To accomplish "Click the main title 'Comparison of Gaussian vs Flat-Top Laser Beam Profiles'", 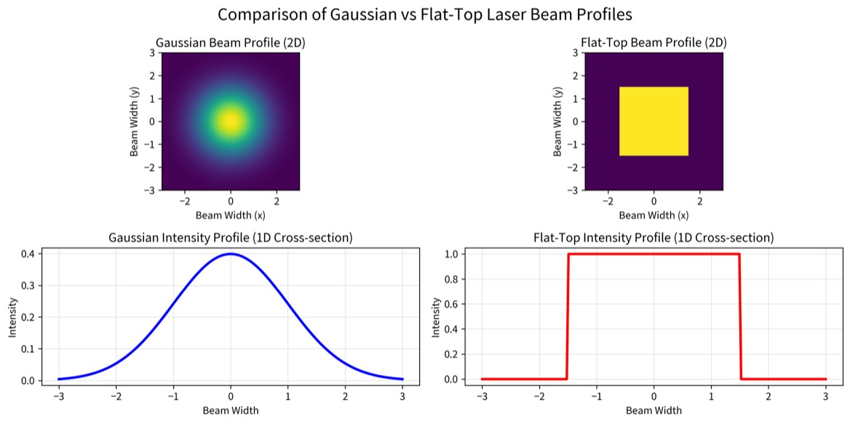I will point(424,15).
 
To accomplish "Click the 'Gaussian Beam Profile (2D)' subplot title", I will point(230,43).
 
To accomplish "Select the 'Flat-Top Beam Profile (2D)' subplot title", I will point(654,43).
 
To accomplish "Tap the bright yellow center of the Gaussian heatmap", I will point(231,121).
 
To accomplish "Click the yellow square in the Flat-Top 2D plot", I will point(654,121).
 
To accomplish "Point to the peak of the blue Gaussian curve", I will point(231,254).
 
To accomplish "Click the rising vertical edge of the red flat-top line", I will point(568,316).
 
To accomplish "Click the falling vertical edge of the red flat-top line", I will point(740,316).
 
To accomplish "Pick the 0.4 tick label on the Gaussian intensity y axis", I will point(28,254).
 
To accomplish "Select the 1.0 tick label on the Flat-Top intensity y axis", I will point(451,254).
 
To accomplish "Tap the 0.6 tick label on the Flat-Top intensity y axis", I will point(451,304).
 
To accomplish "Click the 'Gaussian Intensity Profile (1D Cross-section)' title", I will point(230,238).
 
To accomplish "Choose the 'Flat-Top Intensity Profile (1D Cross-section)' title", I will point(654,238).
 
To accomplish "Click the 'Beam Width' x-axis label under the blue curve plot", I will point(230,410).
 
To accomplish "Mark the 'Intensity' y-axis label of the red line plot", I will point(436,317).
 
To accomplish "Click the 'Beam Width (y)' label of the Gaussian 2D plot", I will point(135,121).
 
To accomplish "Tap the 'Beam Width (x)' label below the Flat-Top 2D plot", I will point(654,216).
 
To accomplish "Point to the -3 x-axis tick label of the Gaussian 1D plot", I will point(58,395).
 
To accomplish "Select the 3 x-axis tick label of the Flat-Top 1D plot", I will point(826,395).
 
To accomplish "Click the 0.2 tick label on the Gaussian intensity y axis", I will point(28,317).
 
